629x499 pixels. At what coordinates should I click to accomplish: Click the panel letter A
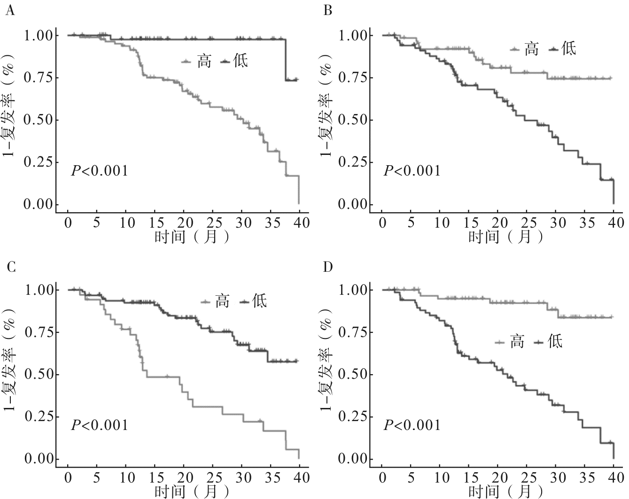pyautogui.click(x=9, y=10)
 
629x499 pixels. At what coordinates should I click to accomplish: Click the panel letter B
pyautogui.click(x=328, y=10)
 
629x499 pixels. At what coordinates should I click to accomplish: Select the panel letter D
pyautogui.click(x=328, y=267)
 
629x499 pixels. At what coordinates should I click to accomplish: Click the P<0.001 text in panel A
pyautogui.click(x=99, y=170)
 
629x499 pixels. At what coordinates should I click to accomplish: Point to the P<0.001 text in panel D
pyautogui.click(x=412, y=425)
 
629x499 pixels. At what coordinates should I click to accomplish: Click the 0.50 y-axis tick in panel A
pyautogui.click(x=40, y=120)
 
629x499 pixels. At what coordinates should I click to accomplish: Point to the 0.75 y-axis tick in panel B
pyautogui.click(x=354, y=77)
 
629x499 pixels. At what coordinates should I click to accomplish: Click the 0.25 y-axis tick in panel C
pyautogui.click(x=40, y=416)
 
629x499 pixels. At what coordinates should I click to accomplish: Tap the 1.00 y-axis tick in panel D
pyautogui.click(x=354, y=290)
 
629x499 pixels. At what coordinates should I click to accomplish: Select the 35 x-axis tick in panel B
pyautogui.click(x=587, y=223)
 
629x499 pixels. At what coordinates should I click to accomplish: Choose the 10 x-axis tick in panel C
pyautogui.click(x=126, y=477)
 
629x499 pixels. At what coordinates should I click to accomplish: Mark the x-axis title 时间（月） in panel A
pyautogui.click(x=192, y=236)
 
